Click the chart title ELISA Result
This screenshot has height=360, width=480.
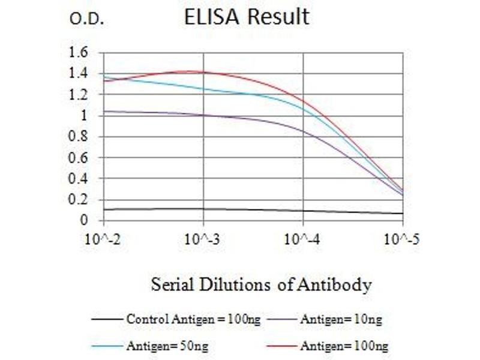coord(247,16)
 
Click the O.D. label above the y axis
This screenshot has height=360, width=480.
coord(87,20)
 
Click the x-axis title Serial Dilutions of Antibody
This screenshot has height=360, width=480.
coord(261,284)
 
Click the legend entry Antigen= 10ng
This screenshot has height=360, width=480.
coord(341,319)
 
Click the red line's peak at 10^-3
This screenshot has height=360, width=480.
coord(204,72)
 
